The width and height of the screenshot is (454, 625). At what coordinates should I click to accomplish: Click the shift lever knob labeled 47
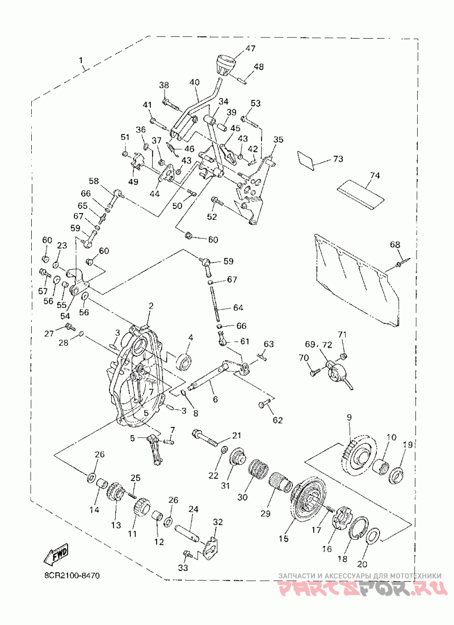(x=225, y=65)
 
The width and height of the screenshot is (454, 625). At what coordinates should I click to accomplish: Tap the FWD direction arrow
(x=56, y=554)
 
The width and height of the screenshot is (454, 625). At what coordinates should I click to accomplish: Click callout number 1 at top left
(x=81, y=61)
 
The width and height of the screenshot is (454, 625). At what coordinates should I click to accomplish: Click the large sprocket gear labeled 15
(x=309, y=502)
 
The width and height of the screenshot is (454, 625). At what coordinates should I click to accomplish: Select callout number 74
(x=375, y=176)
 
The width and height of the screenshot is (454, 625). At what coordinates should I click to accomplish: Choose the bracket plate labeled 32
(x=212, y=545)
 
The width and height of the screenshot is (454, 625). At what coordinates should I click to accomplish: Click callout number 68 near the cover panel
(x=395, y=245)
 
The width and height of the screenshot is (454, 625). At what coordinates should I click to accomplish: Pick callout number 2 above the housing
(x=151, y=306)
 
